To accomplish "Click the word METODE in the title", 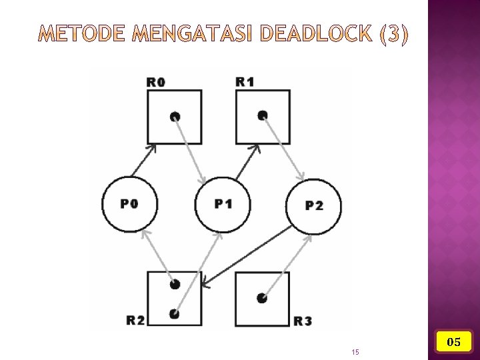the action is coord(81,33).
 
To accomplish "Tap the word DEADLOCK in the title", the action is coord(317,33).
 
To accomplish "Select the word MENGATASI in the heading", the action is coord(192,33).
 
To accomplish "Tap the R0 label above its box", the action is coord(156,82).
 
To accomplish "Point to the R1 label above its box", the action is coord(245,82).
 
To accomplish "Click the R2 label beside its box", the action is coord(135,320).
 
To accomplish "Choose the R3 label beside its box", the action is coord(303,321).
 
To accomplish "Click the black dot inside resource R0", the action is coord(175,117).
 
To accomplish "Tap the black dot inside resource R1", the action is coord(263,115).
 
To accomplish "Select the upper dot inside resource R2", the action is coord(175,284).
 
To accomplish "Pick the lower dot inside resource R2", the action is coord(175,314).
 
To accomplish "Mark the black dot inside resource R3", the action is coord(262,298).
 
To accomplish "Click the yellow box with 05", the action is coord(454,341).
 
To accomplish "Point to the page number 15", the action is coord(355,352).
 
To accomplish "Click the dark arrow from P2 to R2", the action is coord(247,257).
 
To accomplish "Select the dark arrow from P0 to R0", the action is coord(143,161).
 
